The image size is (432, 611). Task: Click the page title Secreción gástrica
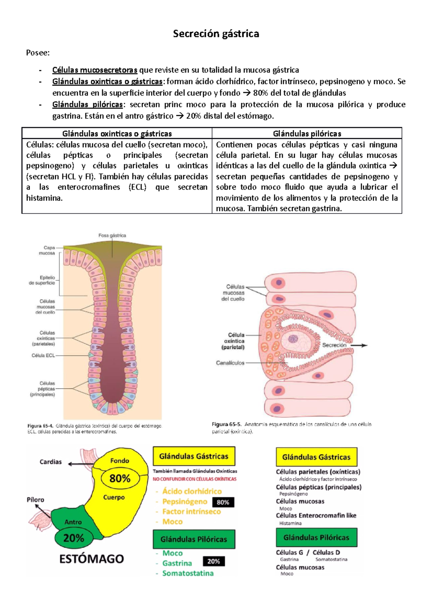[216, 34]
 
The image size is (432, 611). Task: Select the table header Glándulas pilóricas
[307, 134]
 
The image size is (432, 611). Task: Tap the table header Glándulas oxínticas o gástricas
[117, 134]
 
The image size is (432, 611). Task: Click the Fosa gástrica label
[112, 235]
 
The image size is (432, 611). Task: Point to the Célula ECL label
[43, 356]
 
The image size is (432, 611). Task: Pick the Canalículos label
[230, 363]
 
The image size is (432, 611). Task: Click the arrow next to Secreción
[359, 345]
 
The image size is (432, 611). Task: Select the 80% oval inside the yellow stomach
[120, 479]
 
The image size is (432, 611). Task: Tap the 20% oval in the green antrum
[74, 538]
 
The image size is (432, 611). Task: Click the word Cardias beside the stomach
[50, 462]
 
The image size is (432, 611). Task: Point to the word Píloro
[35, 500]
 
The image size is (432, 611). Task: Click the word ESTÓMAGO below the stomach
[91, 559]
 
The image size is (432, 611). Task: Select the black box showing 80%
[223, 502]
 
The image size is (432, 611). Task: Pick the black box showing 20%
[213, 561]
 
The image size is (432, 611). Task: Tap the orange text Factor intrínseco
[192, 512]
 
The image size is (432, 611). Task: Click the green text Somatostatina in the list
[188, 573]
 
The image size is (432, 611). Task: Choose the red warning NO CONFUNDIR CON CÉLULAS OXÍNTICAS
[195, 479]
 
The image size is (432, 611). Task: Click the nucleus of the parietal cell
[292, 339]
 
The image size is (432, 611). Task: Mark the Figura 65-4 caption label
[40, 426]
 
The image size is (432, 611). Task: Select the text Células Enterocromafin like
[316, 516]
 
